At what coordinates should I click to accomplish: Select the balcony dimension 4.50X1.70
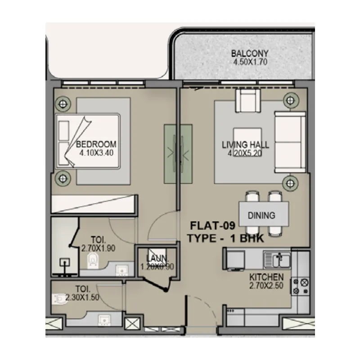(250, 62)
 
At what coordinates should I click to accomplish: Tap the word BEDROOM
(96, 144)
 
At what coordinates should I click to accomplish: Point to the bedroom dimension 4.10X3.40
(96, 153)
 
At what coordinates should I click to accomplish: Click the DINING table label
(261, 216)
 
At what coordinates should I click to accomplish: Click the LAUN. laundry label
(157, 259)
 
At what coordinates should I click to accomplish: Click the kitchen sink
(277, 259)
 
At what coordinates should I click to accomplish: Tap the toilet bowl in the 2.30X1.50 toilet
(60, 297)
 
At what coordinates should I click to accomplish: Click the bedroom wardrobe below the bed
(94, 203)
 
